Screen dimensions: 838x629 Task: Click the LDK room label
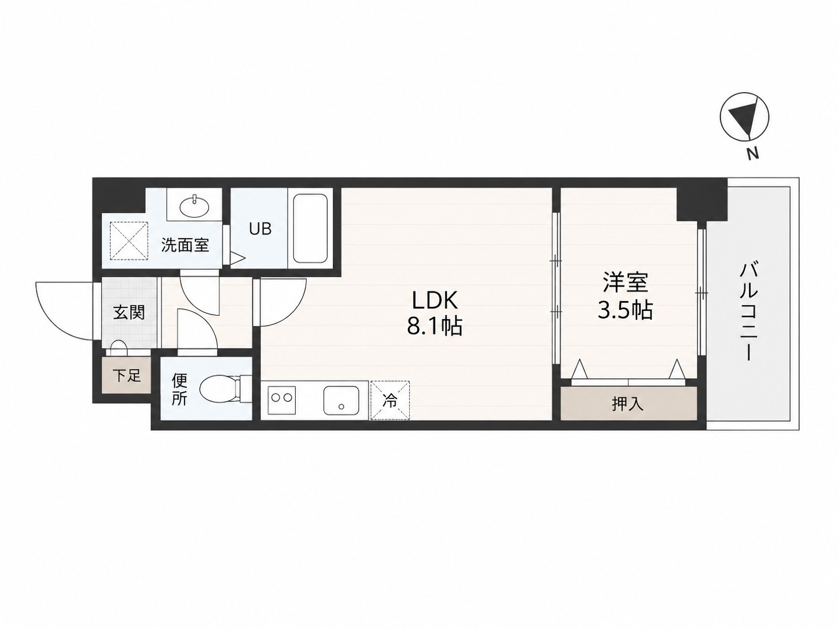[435, 301]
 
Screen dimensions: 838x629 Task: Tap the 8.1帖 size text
[435, 327]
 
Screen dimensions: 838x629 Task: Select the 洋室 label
[625, 283]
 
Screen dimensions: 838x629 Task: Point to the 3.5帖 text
[625, 309]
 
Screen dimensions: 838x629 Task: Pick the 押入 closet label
[628, 404]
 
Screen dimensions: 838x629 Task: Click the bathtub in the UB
[310, 229]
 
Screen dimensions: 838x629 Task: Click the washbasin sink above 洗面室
[194, 207]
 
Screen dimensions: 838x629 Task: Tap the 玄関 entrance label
[128, 312]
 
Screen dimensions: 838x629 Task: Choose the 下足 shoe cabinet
[127, 376]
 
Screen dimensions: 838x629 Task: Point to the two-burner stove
[282, 400]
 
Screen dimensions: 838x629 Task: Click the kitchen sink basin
[341, 400]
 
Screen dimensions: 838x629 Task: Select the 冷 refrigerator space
[390, 400]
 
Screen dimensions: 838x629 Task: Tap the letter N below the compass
[752, 153]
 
